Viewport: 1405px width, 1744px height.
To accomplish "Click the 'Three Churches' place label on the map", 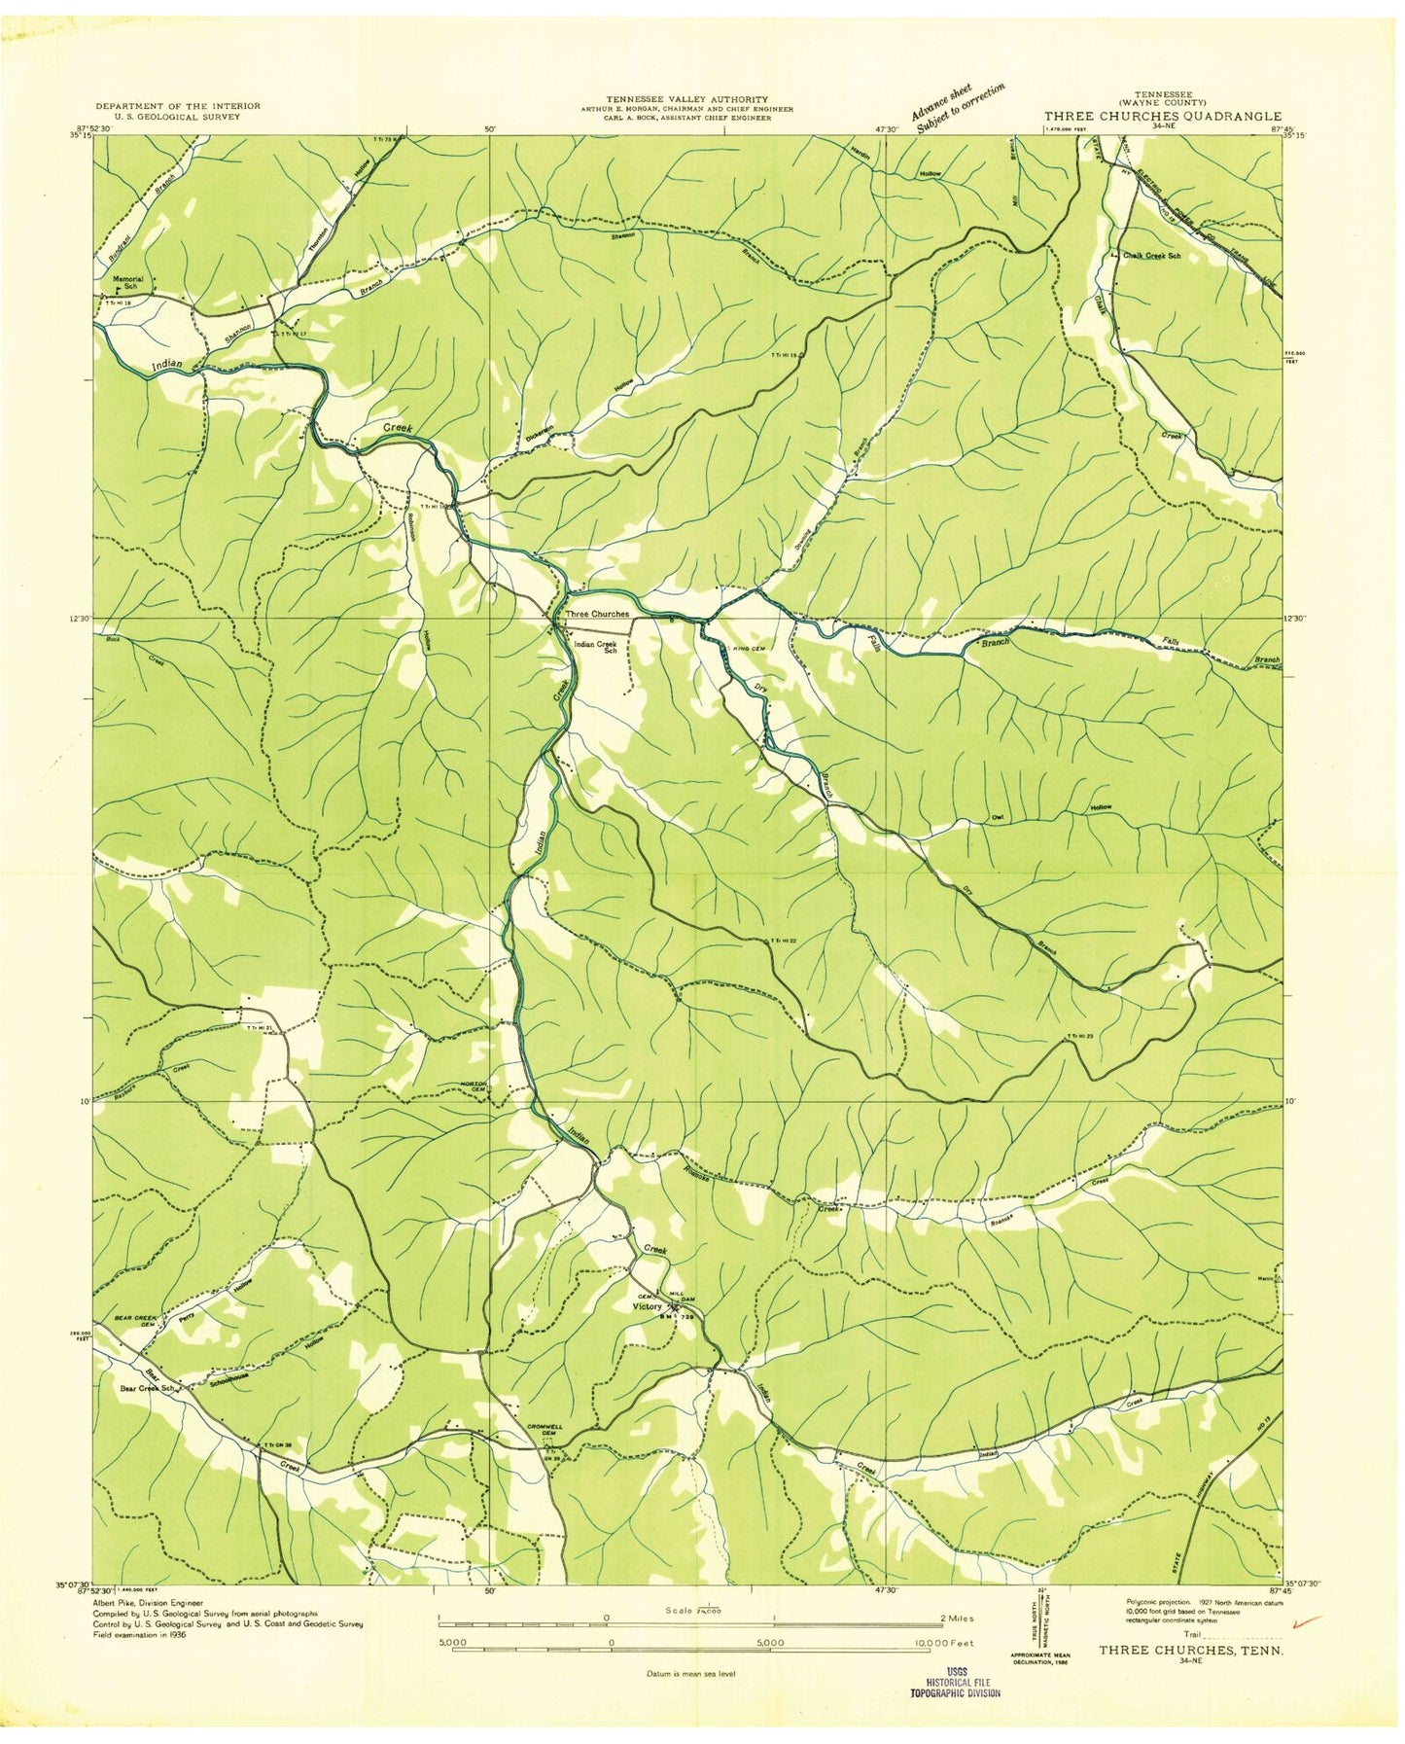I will [x=597, y=614].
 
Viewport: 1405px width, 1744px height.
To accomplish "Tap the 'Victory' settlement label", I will [x=649, y=1305].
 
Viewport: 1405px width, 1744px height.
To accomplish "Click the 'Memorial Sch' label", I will [x=127, y=283].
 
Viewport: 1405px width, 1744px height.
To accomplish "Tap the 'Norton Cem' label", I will [x=473, y=1087].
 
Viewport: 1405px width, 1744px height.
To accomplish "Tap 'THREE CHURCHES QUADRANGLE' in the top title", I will [x=1162, y=116].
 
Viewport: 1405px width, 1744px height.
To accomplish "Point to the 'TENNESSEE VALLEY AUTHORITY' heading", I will [x=687, y=99].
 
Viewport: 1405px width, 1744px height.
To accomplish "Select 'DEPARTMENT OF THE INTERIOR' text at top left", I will [x=178, y=106].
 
